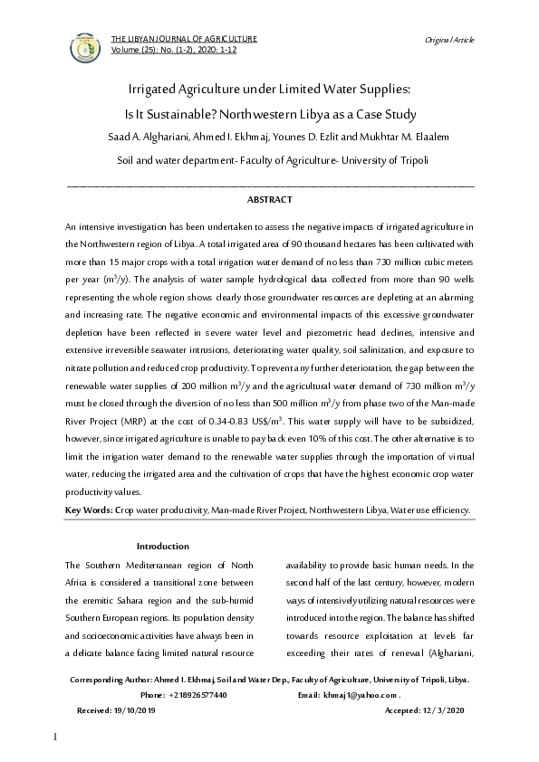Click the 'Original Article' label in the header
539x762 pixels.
tap(449, 41)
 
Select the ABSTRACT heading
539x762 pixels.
tap(269, 197)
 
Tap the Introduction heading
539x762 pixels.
tap(162, 546)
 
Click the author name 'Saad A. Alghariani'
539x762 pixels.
tap(138, 137)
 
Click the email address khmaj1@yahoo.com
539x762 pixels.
tap(361, 695)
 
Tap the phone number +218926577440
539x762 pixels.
tap(197, 695)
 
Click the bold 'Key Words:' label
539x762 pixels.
tap(89, 510)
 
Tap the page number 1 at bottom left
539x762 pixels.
tap(56, 739)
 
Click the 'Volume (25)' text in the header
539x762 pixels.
tap(131, 49)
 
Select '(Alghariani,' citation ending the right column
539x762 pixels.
tap(449, 651)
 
